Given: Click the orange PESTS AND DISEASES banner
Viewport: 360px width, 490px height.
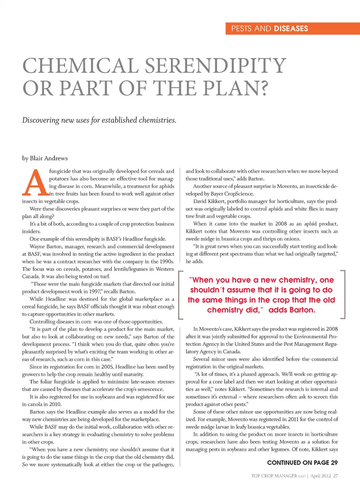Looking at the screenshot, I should tap(292, 29).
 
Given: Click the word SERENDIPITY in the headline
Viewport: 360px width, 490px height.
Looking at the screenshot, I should tap(216, 66).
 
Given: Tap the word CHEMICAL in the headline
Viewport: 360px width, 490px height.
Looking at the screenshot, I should tap(81, 66).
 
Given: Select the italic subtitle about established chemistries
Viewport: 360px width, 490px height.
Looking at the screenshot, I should tap(99, 120).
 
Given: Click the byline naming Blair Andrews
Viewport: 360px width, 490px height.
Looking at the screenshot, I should tap(45, 158).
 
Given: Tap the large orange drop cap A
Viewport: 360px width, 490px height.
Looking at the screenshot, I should tap(35, 183).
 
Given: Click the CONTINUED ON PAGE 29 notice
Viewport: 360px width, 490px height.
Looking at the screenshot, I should tap(302, 463).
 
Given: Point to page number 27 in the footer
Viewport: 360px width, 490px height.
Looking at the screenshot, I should tap(335, 476).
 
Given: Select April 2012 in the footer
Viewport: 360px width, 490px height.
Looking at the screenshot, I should tap(321, 476).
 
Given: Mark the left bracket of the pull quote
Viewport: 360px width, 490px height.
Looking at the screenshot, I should tap(180, 295).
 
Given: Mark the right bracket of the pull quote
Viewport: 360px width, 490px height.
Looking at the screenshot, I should tap(343, 295).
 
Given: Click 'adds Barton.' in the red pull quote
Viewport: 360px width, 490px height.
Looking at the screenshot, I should tap(292, 310).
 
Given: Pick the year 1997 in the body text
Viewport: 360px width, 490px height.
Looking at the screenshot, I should tap(94, 292).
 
